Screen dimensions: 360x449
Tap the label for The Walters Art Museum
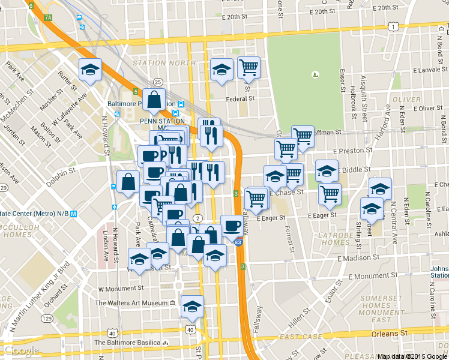131,303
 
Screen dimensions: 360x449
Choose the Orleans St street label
392,332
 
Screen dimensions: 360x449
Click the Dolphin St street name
62,172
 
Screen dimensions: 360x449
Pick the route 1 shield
392,26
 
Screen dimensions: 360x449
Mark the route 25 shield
158,82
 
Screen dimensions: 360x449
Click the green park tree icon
315,75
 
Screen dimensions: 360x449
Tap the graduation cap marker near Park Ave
140,259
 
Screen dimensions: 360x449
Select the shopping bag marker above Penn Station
154,100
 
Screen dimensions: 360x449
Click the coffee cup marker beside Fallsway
232,226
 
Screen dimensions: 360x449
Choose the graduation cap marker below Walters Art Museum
192,307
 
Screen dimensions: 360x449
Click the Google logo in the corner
21,350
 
